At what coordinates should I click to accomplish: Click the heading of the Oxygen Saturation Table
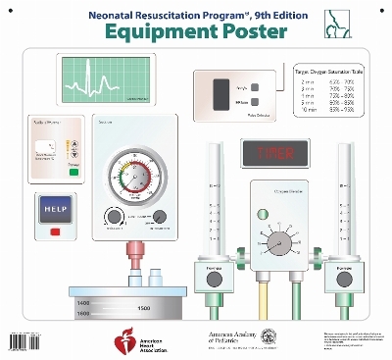coord(333,72)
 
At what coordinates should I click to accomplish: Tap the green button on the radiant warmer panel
coord(46,169)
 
